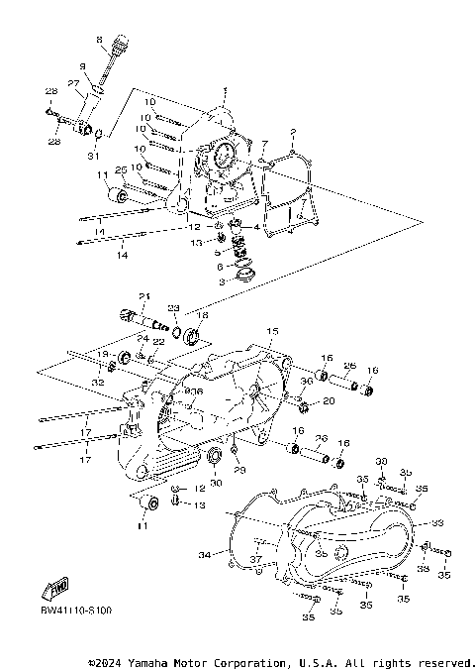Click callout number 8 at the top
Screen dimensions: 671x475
tap(99, 39)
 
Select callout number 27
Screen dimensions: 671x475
tap(73, 83)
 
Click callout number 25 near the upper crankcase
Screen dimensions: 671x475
tap(122, 169)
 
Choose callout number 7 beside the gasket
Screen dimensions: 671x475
tap(264, 144)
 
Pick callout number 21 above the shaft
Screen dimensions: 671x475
tap(142, 296)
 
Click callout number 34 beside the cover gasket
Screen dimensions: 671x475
tap(203, 553)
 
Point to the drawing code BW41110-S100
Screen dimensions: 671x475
tap(75, 612)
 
